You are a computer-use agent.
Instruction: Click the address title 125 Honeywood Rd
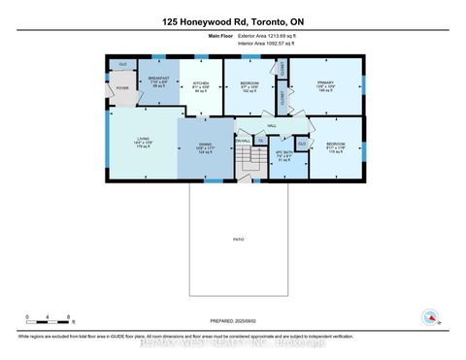tap(233, 21)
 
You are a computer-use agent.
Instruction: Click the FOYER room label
tap(123, 87)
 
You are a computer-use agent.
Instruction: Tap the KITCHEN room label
tap(201, 83)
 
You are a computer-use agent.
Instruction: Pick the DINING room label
tap(205, 147)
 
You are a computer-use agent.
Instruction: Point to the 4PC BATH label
tap(283, 156)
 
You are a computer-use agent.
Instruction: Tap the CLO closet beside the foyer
tap(123, 65)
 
